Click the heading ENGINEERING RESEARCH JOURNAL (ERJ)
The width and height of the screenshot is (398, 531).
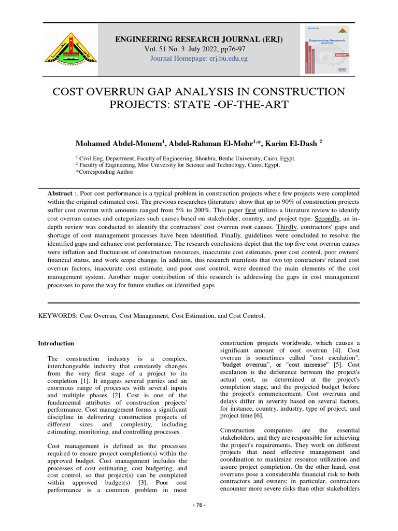[199, 39]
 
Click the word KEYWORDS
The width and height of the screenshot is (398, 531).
[58, 315]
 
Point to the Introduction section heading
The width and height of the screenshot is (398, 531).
[56, 343]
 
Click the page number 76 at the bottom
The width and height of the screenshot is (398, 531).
[199, 520]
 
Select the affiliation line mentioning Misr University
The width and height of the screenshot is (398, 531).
[178, 164]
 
